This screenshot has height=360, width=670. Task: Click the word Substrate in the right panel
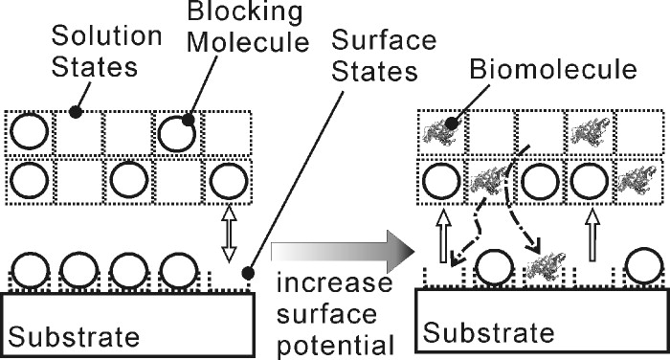pos(489,333)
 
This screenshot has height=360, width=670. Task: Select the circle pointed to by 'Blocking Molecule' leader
pos(176,131)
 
